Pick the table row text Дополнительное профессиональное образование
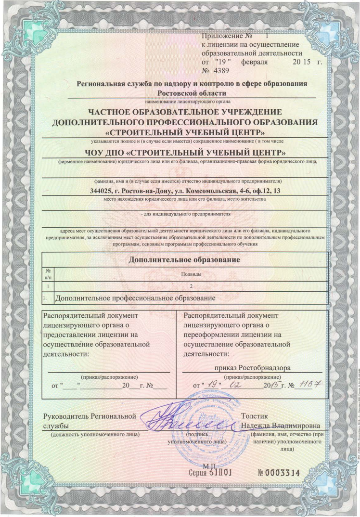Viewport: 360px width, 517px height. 135,298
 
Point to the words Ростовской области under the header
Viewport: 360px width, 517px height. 185,93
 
